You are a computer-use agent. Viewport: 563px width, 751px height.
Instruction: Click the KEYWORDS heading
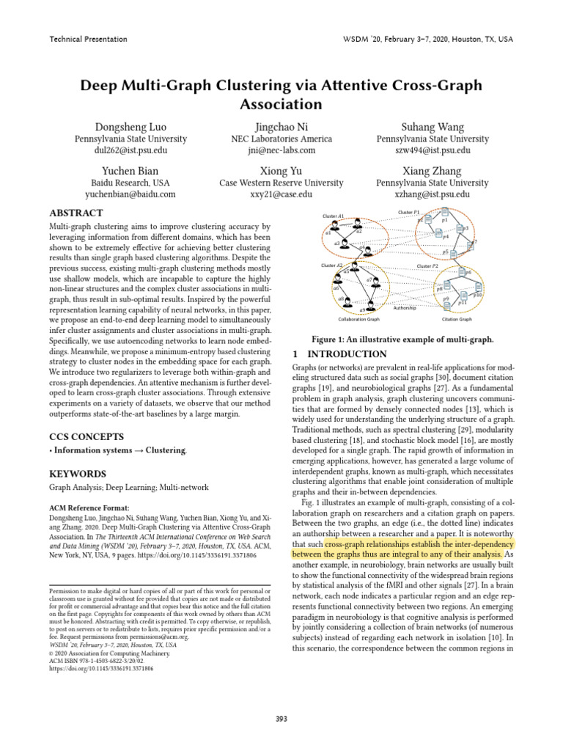click(78, 474)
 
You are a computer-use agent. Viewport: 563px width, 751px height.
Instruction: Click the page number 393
click(281, 719)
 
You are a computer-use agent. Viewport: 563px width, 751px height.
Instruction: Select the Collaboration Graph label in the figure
click(358, 320)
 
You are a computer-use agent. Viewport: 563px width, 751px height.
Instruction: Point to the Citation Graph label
click(457, 320)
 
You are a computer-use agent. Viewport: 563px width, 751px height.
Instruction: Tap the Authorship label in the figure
click(405, 309)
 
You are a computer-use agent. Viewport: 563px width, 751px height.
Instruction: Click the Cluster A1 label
click(334, 216)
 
